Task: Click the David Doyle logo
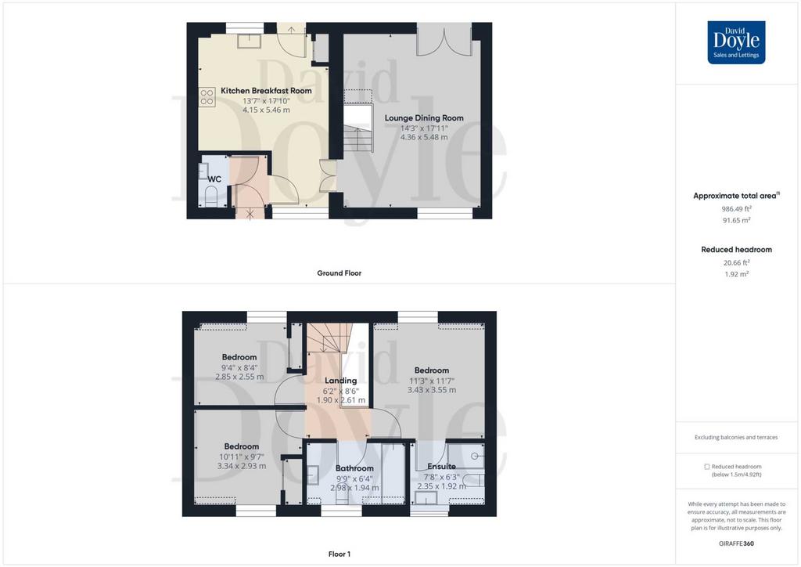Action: [x=736, y=42]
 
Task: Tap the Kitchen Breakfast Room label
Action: [x=266, y=91]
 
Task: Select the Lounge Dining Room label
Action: [x=424, y=118]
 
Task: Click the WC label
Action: [x=214, y=179]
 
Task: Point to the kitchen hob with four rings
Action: [x=207, y=97]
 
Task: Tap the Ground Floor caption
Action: [x=339, y=273]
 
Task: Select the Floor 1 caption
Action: [x=339, y=554]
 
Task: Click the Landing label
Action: [x=341, y=381]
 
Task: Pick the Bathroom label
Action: [x=354, y=468]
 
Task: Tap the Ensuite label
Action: [x=441, y=466]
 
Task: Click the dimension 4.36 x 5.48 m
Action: [x=424, y=137]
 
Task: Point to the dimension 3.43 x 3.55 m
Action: [x=432, y=389]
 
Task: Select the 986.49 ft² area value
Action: [x=736, y=208]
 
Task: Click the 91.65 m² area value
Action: [x=736, y=220]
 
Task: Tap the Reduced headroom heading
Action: [x=736, y=250]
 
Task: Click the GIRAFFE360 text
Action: [x=736, y=544]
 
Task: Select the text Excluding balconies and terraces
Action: [x=736, y=437]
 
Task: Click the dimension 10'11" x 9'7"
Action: [x=242, y=457]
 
